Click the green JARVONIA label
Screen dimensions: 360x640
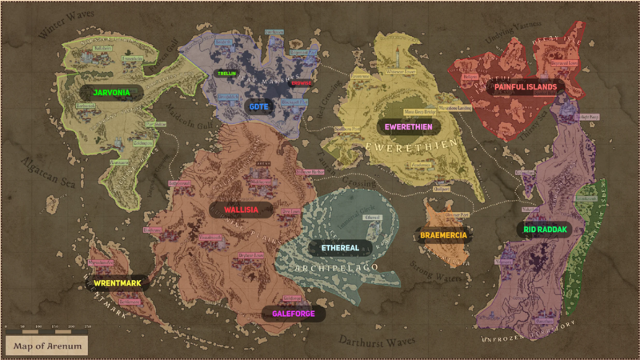click(x=111, y=93)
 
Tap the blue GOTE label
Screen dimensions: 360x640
click(x=258, y=106)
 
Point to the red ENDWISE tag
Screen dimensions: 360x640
click(x=301, y=82)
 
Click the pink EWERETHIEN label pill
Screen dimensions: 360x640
click(x=409, y=127)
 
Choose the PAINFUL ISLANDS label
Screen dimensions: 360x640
click(x=525, y=86)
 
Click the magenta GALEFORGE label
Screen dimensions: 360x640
click(x=293, y=314)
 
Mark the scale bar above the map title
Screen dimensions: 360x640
click(x=48, y=327)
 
